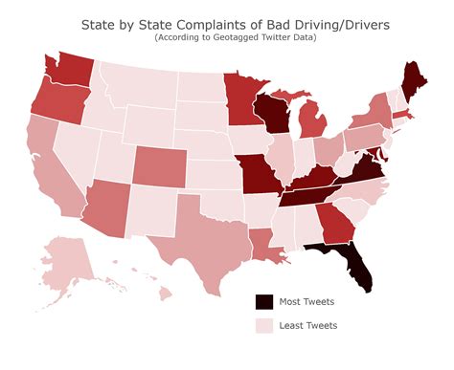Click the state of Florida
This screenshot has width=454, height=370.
point(351,266)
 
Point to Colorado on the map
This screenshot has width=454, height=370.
point(161,168)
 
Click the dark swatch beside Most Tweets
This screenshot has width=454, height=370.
point(262,302)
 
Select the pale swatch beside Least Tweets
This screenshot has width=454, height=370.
point(262,326)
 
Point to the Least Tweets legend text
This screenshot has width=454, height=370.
point(306,326)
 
